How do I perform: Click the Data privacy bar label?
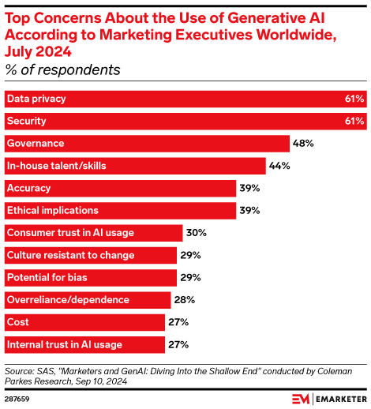tap(36, 99)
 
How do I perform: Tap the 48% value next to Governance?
tap(304, 144)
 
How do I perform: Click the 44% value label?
tap(280, 166)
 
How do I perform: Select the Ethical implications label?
tap(53, 211)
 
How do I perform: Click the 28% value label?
tap(183, 300)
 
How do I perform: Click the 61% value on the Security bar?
tap(354, 121)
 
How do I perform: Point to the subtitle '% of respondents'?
tap(63, 70)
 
